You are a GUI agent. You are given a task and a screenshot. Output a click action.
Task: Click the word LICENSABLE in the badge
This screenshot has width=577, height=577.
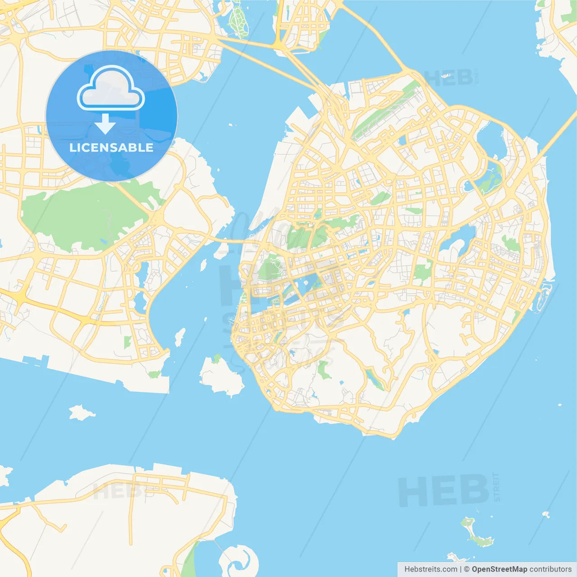(x=111, y=147)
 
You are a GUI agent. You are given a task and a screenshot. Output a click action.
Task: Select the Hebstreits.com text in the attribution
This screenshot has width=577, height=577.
(x=430, y=569)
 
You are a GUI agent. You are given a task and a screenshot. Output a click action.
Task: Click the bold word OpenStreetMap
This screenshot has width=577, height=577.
(x=499, y=569)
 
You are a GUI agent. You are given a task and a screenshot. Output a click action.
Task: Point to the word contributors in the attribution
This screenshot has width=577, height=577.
(x=550, y=569)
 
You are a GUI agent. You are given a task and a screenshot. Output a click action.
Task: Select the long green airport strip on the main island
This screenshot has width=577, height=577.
(x=383, y=113)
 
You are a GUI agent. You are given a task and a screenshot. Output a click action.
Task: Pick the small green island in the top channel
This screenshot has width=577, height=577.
(x=238, y=20)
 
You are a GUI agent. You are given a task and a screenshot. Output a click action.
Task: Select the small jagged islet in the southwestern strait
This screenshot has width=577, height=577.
(x=81, y=412)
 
